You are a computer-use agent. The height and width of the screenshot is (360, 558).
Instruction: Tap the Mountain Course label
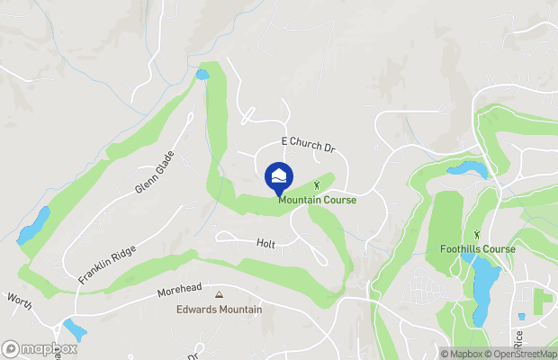pos(317,200)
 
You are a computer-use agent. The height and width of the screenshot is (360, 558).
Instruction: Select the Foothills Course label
pos(478,249)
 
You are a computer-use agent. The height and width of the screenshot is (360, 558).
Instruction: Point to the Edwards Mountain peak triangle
pos(218,294)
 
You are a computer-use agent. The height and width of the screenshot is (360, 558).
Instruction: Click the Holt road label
pos(265,243)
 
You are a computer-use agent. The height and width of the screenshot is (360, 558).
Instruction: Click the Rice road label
pos(518,338)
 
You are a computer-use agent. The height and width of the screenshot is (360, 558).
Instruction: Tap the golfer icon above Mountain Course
pos(316,185)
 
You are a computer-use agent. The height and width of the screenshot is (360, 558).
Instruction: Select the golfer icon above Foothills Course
pos(477,235)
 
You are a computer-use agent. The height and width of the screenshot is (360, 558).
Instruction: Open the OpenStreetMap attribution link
pos(521,354)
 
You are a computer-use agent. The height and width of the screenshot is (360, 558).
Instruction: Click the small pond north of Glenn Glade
pos(202,75)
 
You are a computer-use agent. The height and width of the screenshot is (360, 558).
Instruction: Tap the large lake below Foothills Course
pos(484,289)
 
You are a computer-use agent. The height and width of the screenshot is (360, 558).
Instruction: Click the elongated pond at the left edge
pos(33,226)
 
